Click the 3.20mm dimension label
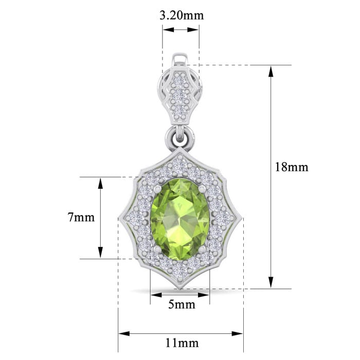[x=182, y=15]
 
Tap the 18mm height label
[x=292, y=167]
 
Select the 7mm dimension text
[x=81, y=217]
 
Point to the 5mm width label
[x=182, y=304]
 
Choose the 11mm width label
[x=182, y=343]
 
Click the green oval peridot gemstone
[x=180, y=219]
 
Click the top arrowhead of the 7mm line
[x=100, y=182]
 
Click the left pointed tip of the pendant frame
[x=120, y=219]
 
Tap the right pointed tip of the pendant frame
[x=241, y=219]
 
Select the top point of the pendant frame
[x=180, y=149]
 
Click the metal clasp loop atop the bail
[x=181, y=59]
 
